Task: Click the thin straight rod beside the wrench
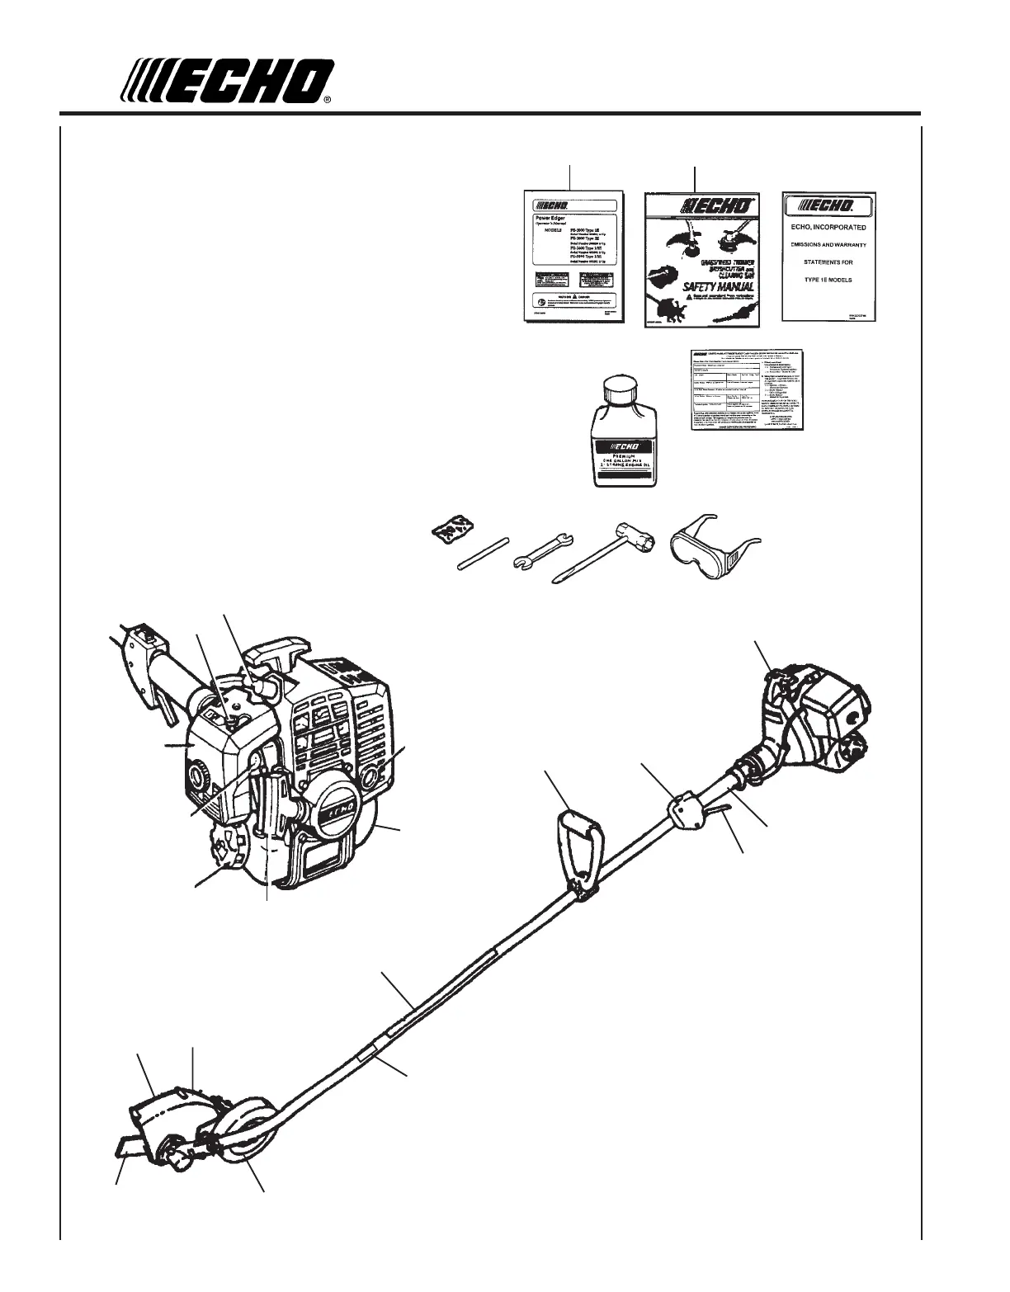tap(484, 554)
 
